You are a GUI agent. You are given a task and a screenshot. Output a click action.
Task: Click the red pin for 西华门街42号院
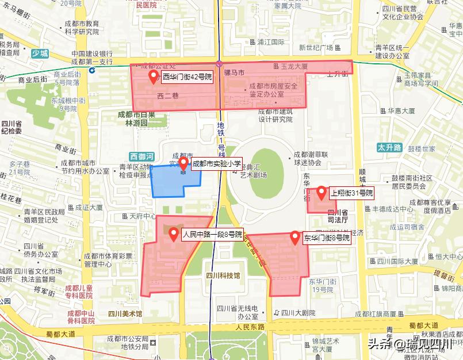(154, 76)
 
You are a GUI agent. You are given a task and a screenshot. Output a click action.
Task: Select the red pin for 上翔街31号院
(322, 193)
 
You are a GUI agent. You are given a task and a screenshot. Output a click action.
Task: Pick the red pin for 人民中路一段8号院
(174, 233)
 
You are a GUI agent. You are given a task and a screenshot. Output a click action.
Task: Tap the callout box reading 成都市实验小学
(216, 164)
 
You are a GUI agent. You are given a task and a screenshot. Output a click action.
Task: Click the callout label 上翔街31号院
(351, 193)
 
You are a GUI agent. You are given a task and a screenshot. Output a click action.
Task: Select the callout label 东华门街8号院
(327, 238)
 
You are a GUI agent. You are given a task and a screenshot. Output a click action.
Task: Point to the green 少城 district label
(40, 53)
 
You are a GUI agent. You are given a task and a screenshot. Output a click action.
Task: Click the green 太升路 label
(389, 147)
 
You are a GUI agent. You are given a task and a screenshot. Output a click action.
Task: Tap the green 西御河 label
(141, 156)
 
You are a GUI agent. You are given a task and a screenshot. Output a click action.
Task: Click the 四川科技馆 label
(223, 275)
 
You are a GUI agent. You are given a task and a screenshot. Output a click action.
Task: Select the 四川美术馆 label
(125, 313)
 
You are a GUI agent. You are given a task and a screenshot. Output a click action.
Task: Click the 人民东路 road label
(250, 327)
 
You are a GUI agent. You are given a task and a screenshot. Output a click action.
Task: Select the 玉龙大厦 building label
(295, 66)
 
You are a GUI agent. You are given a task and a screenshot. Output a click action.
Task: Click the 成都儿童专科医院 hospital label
(79, 292)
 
